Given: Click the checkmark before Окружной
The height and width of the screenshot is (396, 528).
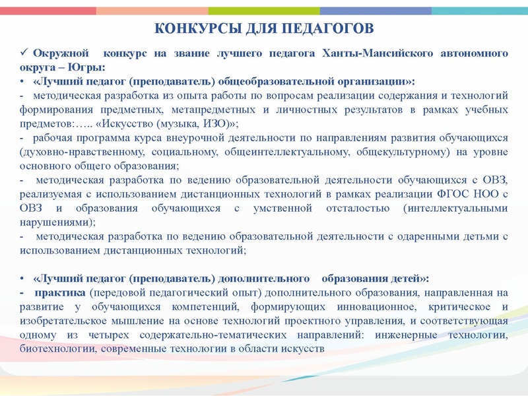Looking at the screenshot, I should pyautogui.click(x=24, y=52).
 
